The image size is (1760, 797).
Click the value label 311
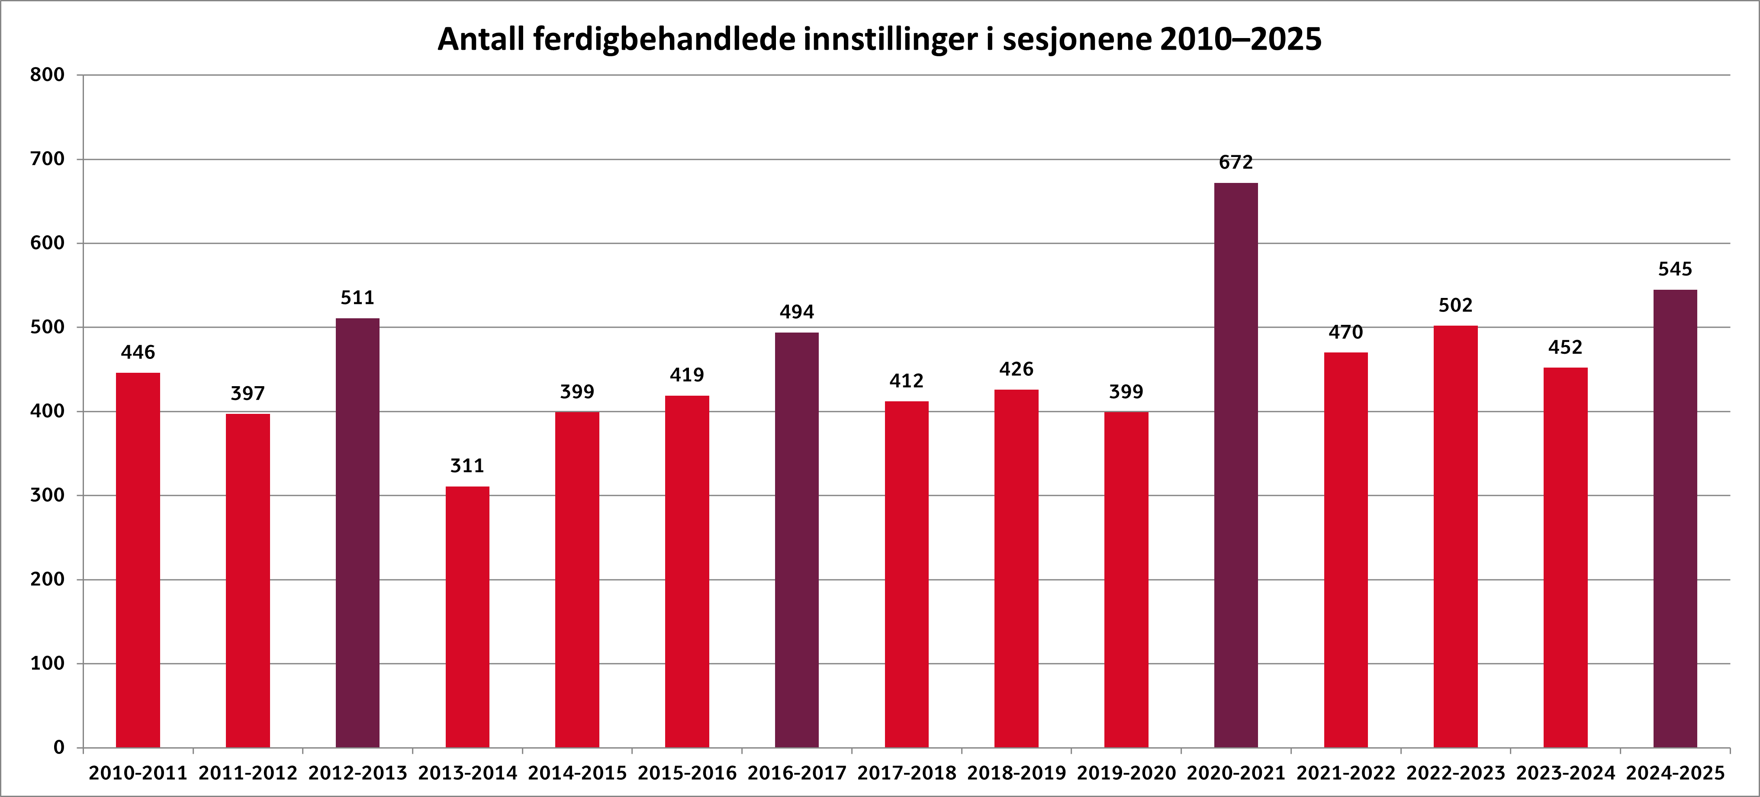click(467, 466)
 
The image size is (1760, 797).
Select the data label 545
click(1675, 269)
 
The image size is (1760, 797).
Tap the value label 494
click(797, 312)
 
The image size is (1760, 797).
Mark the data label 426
click(1016, 369)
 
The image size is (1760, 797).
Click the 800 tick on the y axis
click(47, 75)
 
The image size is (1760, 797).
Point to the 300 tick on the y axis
click(47, 495)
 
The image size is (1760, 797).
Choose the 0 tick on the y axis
click(59, 747)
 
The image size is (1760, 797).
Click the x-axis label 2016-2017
click(797, 773)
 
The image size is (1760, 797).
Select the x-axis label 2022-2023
click(1455, 773)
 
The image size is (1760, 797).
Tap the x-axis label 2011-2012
click(248, 773)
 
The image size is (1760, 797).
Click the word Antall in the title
click(481, 40)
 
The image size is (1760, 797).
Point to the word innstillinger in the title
click(890, 40)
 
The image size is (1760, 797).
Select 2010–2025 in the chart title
click(1240, 40)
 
